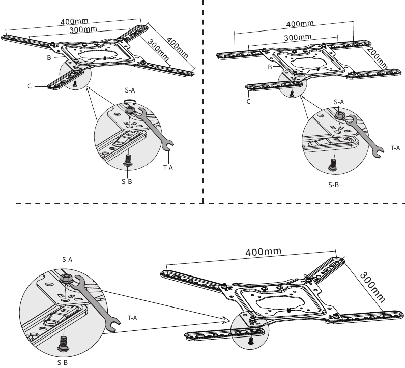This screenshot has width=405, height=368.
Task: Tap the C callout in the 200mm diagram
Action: coord(248,101)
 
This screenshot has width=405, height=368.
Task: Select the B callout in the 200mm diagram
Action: coord(270,67)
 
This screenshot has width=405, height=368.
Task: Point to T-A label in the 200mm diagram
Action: coord(395,148)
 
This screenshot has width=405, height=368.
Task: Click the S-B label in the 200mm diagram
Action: coord(333,185)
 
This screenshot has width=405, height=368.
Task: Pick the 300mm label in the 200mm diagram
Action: coord(298,38)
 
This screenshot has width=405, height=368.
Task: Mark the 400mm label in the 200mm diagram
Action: coord(300,24)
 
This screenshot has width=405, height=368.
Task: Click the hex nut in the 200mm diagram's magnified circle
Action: coord(340,115)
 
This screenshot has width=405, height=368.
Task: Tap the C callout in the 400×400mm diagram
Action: coord(30,87)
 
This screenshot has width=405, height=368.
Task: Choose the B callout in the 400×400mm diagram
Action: coord(49,58)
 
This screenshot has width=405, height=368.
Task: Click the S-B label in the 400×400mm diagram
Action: coord(127,182)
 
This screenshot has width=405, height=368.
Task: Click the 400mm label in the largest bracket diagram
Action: coord(263,252)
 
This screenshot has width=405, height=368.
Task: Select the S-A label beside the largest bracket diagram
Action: coord(67,259)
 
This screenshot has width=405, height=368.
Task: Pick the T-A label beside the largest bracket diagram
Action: coord(132,318)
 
